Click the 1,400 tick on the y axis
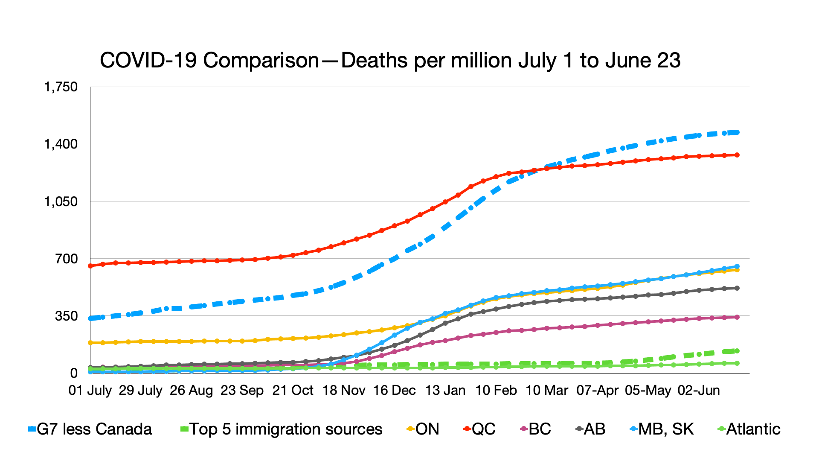coord(61,144)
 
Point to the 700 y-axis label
coord(66,259)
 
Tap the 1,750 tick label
coord(61,87)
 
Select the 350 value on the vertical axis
coord(66,316)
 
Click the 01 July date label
coord(90,390)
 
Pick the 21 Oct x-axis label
coord(293,390)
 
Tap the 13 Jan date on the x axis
coord(445,390)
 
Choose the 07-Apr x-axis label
coord(597,390)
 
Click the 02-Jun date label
coord(699,390)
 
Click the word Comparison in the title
coord(261,61)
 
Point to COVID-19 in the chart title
coord(148,61)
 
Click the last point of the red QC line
coord(737,155)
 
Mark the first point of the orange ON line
coord(90,343)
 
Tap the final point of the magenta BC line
coord(737,317)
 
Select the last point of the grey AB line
coord(737,288)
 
